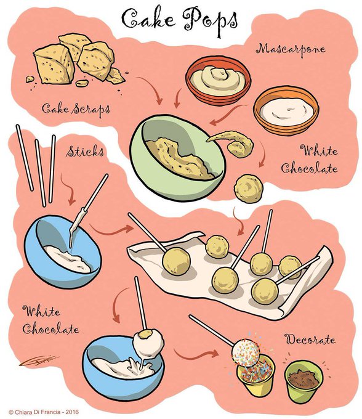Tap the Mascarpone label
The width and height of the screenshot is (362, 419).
(291, 49)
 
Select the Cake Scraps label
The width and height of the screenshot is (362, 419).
(76, 109)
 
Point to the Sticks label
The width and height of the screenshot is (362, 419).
(85, 152)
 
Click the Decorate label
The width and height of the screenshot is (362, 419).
(310, 340)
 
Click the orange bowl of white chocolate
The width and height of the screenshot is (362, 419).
(286, 110)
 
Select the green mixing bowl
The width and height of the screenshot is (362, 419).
(177, 158)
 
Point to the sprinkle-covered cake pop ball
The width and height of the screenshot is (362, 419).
(246, 352)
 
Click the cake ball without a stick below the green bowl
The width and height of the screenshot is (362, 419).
(249, 189)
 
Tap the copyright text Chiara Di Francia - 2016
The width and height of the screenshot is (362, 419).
(44, 412)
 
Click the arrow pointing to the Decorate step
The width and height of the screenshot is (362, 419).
(196, 354)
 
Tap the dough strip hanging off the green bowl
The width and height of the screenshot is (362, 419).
(231, 143)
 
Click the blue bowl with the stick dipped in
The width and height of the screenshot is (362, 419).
(63, 252)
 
